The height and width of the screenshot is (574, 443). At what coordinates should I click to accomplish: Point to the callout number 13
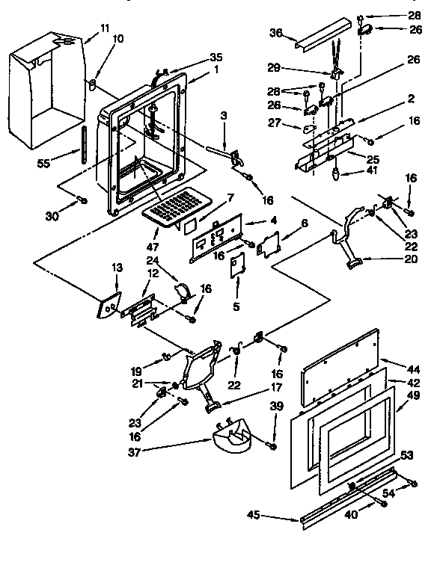pos(117,267)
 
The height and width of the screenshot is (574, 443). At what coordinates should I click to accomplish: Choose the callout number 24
pos(153,261)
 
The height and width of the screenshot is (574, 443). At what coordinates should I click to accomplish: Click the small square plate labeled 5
pos(236,266)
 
